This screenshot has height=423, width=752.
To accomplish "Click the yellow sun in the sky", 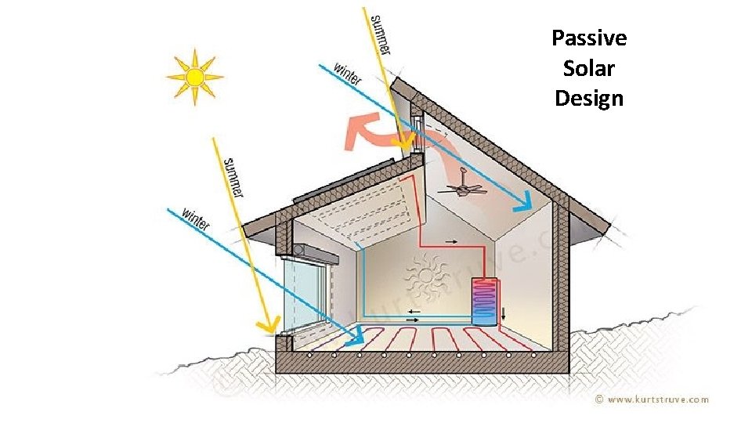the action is [195, 77].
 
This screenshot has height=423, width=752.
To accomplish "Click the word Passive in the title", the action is [589, 38].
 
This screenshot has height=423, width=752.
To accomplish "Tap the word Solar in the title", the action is [588, 68].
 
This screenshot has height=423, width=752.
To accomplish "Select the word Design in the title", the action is [589, 99].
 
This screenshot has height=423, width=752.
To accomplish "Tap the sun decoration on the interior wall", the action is [425, 277].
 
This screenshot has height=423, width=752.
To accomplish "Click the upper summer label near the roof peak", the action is [381, 34].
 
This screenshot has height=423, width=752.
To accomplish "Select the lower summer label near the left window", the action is [233, 177].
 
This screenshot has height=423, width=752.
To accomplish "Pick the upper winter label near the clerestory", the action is [347, 74].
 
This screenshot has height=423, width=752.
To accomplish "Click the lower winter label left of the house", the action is [196, 219].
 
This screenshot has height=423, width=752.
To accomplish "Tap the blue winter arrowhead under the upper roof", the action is [524, 202].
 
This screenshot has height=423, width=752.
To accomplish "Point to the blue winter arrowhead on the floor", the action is [356, 336].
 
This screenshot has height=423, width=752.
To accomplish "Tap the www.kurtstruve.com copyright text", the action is [652, 399].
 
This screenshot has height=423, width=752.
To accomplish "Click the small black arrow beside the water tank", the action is [504, 314].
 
